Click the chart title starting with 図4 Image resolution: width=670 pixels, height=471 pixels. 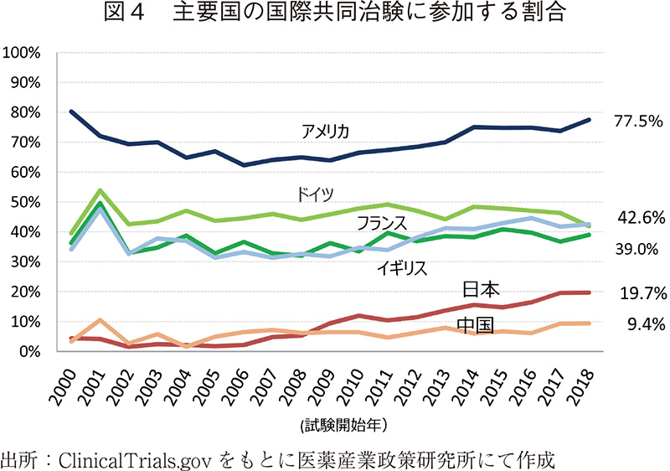[x=336, y=14]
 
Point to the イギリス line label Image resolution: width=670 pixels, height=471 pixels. [x=402, y=268]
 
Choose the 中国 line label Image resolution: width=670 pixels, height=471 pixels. [x=474, y=325]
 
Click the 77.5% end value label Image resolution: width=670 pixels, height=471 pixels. [x=639, y=121]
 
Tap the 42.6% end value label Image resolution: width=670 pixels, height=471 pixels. [x=642, y=218]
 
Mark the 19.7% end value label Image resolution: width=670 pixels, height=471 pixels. [x=642, y=293]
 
